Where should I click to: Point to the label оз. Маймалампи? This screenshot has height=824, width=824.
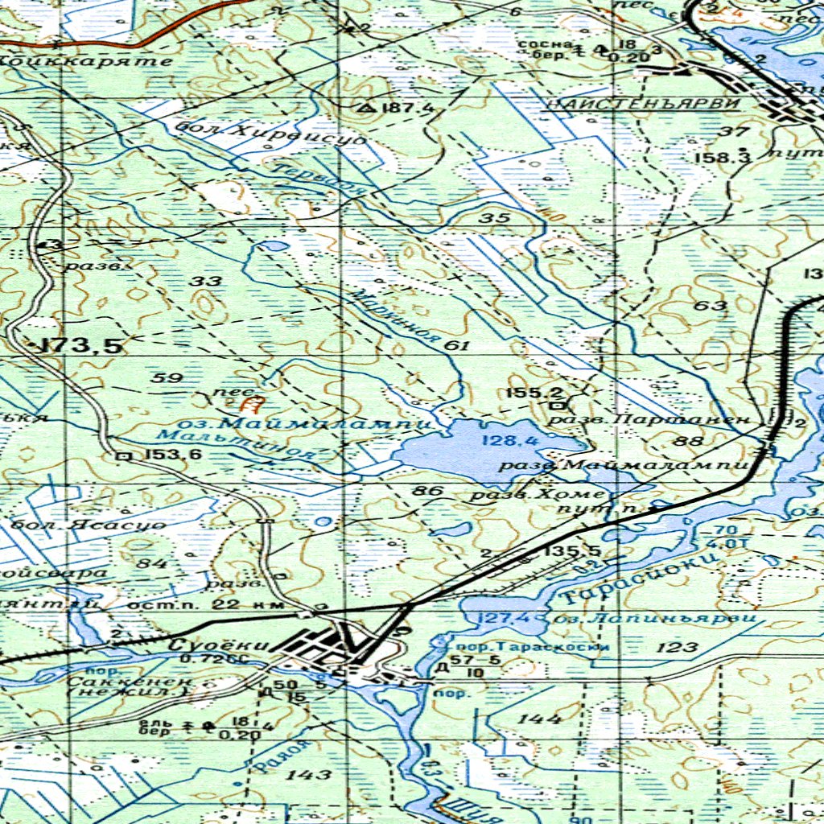[326, 421]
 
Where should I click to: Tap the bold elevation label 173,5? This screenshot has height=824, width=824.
[80, 347]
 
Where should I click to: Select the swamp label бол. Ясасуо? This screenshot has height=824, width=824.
[89, 525]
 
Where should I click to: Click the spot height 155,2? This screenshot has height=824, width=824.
[534, 393]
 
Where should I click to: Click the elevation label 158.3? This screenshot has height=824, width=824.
[722, 158]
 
